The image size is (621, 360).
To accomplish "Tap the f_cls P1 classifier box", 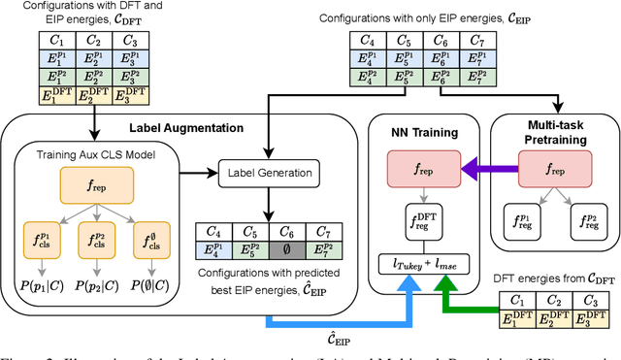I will click(x=45, y=238).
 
